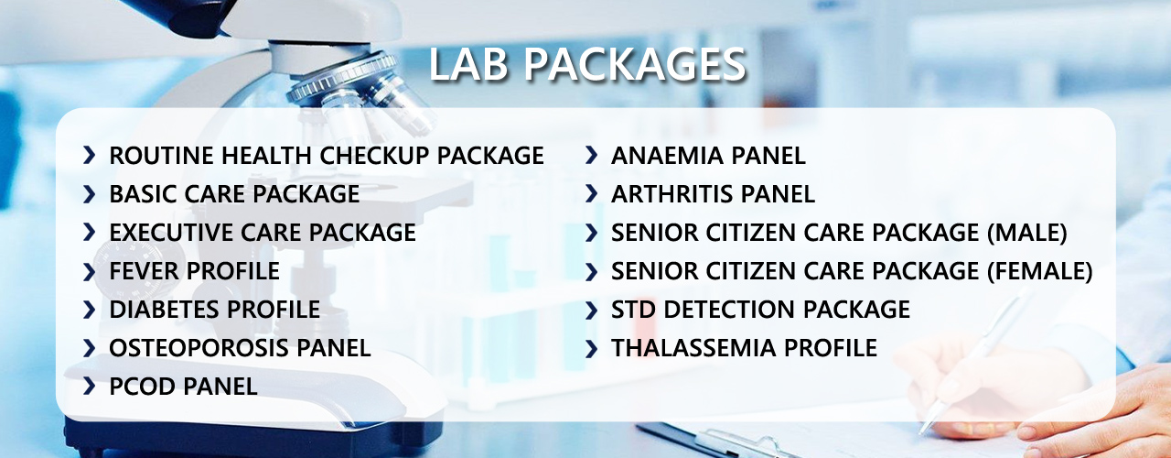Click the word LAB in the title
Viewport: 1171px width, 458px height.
(x=468, y=64)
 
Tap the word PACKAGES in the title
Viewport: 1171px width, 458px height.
(x=635, y=64)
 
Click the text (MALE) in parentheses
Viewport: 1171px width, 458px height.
(x=1026, y=233)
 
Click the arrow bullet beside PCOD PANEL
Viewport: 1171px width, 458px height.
(x=90, y=387)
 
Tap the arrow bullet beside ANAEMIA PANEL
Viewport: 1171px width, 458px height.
(x=591, y=155)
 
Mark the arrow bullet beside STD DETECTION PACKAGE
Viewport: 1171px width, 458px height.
(x=591, y=310)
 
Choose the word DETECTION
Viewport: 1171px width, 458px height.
(x=722, y=310)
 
